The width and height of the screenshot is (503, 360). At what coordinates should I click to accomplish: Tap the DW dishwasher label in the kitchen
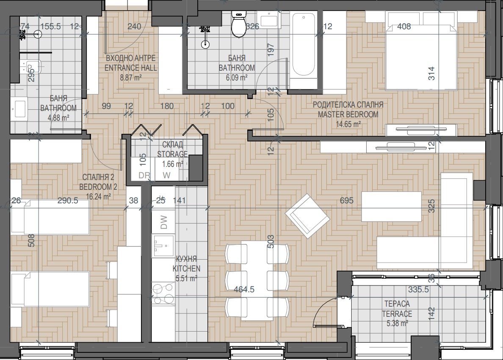[x=163, y=222]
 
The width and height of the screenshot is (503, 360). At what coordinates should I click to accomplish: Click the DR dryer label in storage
[x=144, y=175]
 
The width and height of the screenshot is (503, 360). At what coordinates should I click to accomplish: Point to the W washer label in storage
[x=166, y=175]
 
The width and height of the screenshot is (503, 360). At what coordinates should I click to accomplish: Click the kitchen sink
[x=163, y=246]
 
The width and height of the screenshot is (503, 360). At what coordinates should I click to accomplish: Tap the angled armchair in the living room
[x=307, y=216]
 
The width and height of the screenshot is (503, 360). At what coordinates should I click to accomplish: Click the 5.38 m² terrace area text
[x=397, y=324]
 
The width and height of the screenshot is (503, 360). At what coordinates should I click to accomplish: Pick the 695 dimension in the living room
[x=346, y=200]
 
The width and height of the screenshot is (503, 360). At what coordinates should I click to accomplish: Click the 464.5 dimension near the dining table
[x=244, y=289]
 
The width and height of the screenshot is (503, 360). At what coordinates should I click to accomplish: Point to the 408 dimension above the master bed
[x=404, y=26]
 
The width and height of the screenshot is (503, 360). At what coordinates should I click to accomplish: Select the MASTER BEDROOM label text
[x=348, y=114]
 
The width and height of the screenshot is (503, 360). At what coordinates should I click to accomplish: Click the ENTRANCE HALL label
[x=130, y=68]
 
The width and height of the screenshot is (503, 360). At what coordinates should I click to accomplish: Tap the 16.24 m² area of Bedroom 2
[x=99, y=197]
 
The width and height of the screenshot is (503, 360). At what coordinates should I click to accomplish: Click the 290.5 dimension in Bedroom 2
[x=68, y=200]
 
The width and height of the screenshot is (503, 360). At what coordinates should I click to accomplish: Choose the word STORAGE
[x=172, y=154]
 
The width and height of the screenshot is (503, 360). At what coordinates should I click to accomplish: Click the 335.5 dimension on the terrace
[x=418, y=289]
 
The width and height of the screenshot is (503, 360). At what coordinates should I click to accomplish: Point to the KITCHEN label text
[x=186, y=269]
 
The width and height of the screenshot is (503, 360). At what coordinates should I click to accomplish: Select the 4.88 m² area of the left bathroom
[x=58, y=118]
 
